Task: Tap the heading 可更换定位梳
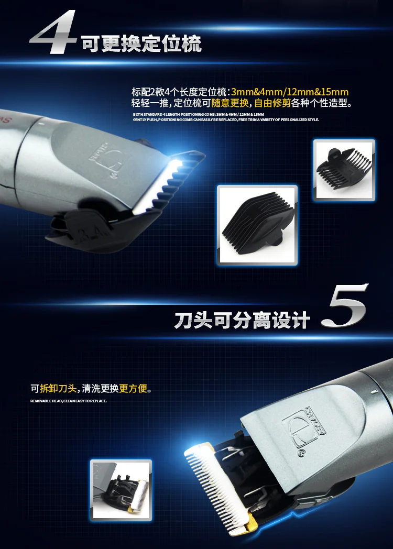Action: click(x=141, y=44)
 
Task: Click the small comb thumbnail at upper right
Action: click(x=344, y=169)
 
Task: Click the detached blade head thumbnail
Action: click(x=121, y=490)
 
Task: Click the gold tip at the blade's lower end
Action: click(x=250, y=523)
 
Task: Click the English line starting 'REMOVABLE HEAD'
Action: click(x=68, y=401)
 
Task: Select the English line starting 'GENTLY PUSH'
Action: click(x=225, y=119)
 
